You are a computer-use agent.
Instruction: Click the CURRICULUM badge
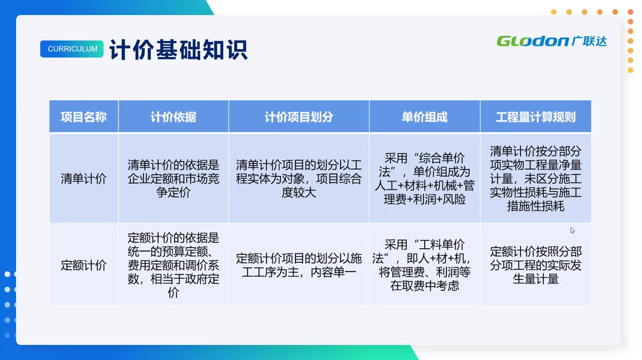[72, 49]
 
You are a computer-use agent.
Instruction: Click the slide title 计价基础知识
[179, 50]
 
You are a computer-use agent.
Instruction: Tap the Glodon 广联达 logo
[551, 41]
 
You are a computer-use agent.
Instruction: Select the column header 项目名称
[84, 117]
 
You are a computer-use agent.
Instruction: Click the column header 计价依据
[174, 117]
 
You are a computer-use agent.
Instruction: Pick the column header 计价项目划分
[299, 117]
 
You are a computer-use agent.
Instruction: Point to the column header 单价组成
[424, 117]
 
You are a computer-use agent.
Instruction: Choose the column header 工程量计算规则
[536, 117]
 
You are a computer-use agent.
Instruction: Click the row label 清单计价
[84, 178]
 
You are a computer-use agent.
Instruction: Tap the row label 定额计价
[84, 265]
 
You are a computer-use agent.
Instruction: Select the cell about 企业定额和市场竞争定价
[174, 178]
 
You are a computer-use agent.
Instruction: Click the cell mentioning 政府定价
[174, 265]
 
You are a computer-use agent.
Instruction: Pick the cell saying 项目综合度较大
[299, 178]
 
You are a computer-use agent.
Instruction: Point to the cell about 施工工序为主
[299, 265]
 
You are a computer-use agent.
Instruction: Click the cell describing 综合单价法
[424, 178]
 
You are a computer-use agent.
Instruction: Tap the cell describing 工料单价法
[424, 265]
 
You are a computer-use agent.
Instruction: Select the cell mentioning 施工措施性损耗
[536, 178]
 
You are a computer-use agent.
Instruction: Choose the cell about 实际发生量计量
[536, 265]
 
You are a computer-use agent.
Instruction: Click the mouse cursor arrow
[572, 230]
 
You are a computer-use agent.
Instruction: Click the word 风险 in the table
[454, 199]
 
